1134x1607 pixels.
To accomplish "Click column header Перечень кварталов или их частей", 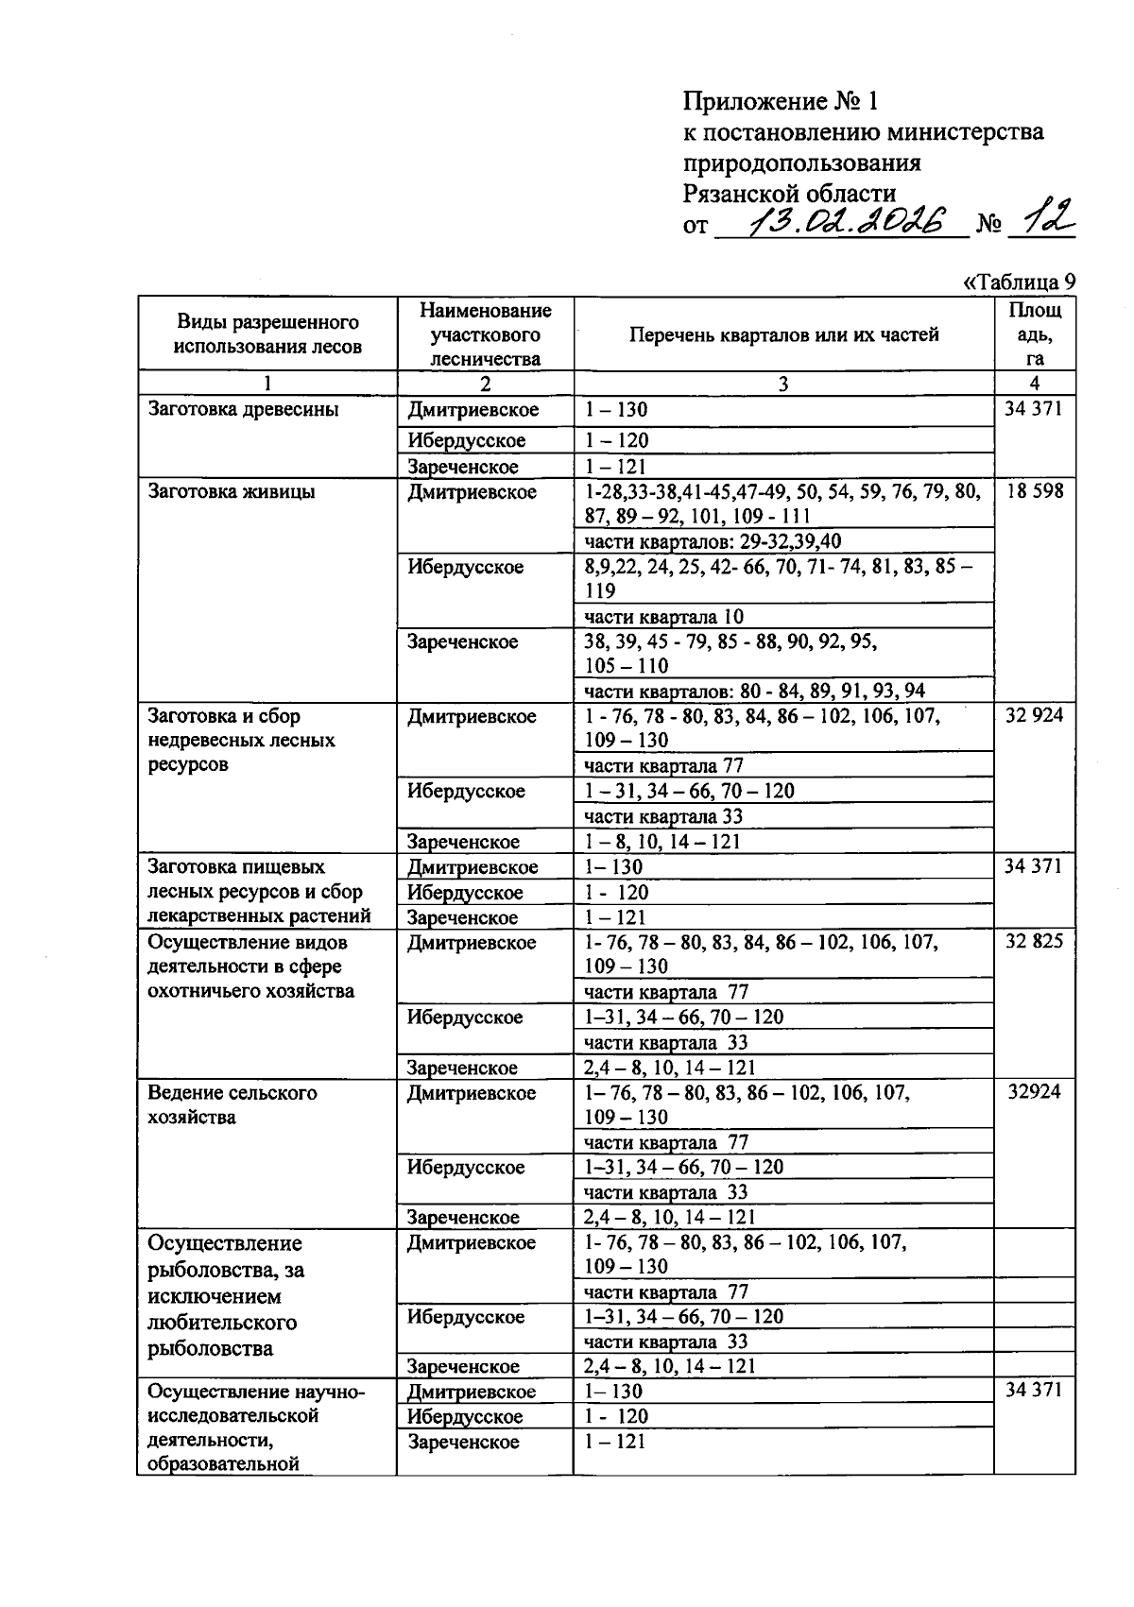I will [x=783, y=334].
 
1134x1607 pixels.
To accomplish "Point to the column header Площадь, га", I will [x=1034, y=334].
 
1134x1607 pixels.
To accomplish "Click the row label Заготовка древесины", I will [x=243, y=410].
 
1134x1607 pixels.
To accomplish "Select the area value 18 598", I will [x=1034, y=491].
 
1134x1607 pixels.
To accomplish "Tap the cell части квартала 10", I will [x=663, y=617].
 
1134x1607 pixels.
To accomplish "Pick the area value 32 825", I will [x=1034, y=942].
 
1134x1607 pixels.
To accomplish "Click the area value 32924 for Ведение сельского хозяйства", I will [x=1034, y=1092].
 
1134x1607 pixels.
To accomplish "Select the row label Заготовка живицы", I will [x=232, y=492].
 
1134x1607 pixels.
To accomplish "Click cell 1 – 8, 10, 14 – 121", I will [x=661, y=842].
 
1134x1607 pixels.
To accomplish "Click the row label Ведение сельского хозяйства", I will [x=232, y=1104].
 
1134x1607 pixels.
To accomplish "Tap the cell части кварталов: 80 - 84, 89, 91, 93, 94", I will [x=754, y=691].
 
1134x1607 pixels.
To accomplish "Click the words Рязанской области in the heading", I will [x=789, y=194].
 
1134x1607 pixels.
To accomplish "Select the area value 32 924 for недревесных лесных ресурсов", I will [x=1034, y=716].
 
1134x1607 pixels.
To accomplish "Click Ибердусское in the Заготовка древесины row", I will [x=467, y=441].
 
